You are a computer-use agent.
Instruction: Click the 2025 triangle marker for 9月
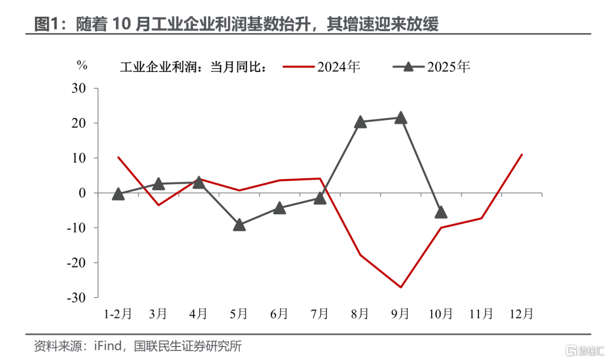(401, 118)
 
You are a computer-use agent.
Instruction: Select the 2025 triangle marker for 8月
(360, 121)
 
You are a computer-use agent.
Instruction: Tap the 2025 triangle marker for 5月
(239, 224)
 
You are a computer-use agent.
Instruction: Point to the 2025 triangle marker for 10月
(441, 212)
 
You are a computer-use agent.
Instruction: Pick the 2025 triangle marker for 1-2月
(118, 194)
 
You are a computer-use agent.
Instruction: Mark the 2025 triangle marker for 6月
(280, 208)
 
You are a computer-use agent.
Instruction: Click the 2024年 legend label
(338, 67)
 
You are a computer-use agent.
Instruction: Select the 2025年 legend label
(448, 67)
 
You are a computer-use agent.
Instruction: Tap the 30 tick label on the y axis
(78, 88)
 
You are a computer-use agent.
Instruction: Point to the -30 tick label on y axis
(76, 298)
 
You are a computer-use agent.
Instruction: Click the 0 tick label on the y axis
(82, 193)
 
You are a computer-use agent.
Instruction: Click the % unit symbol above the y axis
(82, 65)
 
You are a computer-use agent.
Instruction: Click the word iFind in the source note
(106, 345)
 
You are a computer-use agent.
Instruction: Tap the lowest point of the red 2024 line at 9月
(401, 287)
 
